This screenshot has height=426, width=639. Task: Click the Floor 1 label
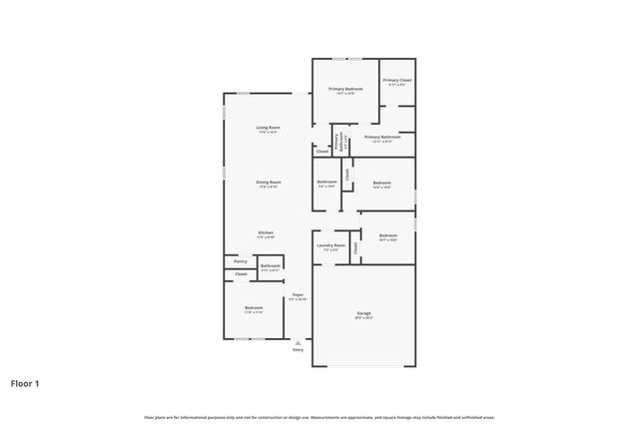click(26, 382)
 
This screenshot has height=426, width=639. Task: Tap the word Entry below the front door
click(298, 350)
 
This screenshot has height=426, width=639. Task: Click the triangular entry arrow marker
click(298, 342)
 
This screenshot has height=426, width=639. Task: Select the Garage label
click(363, 313)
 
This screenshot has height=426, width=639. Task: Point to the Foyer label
click(298, 294)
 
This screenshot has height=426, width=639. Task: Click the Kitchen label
click(266, 232)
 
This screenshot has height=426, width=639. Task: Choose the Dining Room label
click(268, 182)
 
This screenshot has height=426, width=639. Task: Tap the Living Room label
click(268, 127)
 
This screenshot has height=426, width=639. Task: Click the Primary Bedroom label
click(345, 89)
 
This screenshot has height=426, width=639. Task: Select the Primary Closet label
click(396, 80)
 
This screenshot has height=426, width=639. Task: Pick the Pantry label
click(241, 261)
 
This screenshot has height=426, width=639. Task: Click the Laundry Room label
click(330, 244)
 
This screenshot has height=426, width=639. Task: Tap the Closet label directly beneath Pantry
click(241, 273)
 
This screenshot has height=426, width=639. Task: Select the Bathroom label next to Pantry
click(270, 265)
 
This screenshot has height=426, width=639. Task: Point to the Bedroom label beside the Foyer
click(253, 308)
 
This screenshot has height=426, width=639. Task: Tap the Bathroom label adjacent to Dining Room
click(326, 182)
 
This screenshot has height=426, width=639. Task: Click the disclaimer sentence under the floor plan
click(319, 417)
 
